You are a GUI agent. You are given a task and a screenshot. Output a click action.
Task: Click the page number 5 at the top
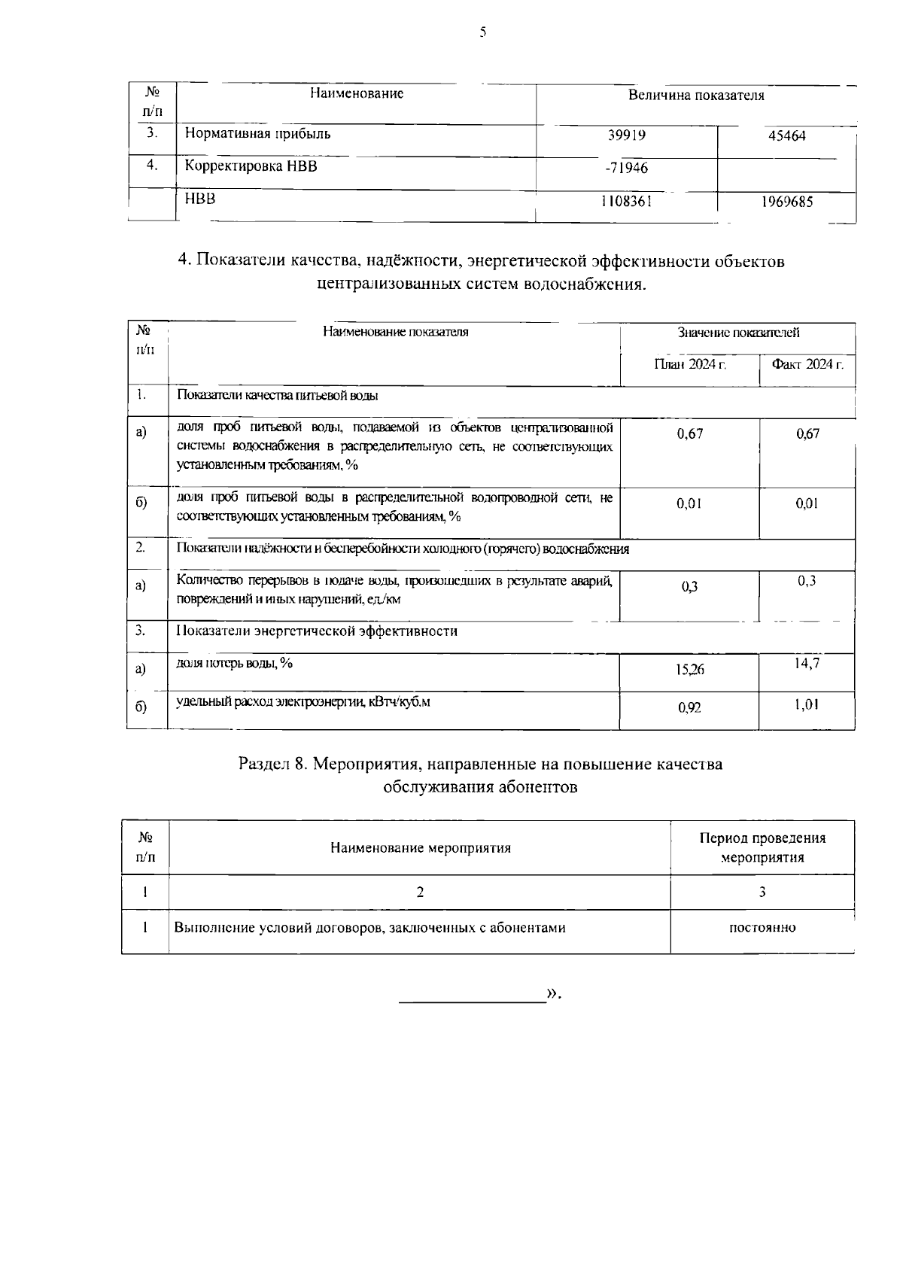click(482, 32)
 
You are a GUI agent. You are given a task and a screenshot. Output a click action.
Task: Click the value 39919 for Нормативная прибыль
click(627, 135)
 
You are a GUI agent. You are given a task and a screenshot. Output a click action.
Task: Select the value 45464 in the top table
click(787, 136)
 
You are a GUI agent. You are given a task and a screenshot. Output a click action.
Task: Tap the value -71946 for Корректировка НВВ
click(626, 168)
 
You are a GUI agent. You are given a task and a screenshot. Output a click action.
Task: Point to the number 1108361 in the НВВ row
click(626, 202)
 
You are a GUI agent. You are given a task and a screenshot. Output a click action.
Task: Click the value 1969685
click(787, 202)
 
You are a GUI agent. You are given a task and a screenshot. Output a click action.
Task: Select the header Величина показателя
click(696, 96)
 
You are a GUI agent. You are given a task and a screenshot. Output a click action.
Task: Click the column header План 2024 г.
click(689, 364)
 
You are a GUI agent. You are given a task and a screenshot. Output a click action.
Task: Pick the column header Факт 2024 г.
click(807, 364)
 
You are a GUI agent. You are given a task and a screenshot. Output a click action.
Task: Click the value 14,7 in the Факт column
click(807, 663)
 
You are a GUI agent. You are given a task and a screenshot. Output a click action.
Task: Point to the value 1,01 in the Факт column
click(807, 704)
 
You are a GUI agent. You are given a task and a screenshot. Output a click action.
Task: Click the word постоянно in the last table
click(762, 928)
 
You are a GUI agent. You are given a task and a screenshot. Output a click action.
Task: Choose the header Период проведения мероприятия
click(762, 848)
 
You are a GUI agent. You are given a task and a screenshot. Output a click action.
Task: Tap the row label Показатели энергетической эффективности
click(317, 631)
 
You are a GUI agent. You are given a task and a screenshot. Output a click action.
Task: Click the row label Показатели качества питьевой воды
click(278, 395)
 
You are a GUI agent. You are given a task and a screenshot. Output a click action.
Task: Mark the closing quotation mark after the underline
click(553, 994)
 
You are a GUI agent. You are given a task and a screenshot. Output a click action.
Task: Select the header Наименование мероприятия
click(421, 848)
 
